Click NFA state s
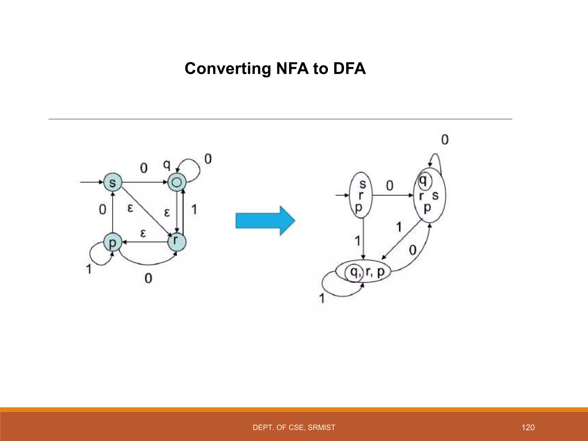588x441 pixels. [113, 182]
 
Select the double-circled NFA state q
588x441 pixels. [177, 182]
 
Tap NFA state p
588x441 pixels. [113, 243]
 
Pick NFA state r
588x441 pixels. [177, 242]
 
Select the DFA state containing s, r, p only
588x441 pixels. [361, 195]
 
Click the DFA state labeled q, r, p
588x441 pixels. [364, 271]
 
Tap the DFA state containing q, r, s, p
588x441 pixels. [429, 195]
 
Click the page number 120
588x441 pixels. [528, 428]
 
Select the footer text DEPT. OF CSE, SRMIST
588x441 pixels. [294, 428]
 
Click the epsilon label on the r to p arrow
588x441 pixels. [143, 233]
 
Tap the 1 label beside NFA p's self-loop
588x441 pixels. [89, 269]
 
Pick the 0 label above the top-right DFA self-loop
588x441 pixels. [444, 140]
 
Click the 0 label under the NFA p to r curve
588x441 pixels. [148, 278]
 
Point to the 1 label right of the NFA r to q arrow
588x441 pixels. [194, 209]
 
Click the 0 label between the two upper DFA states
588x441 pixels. [390, 186]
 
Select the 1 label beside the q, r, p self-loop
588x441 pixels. [322, 298]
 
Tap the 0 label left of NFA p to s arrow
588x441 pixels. [102, 210]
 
